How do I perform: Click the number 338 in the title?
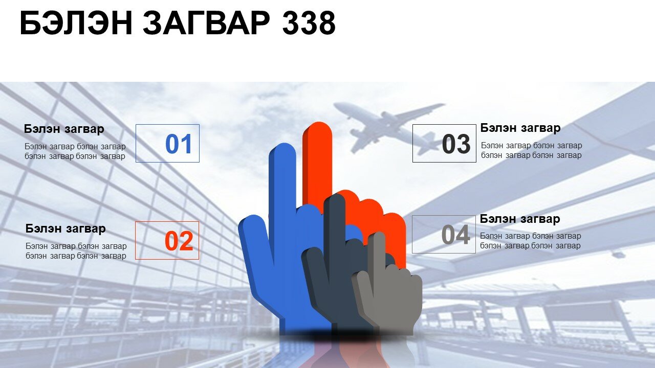pos(309,23)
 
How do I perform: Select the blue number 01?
pos(179,144)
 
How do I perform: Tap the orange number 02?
pos(179,241)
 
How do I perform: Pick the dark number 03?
pos(456,144)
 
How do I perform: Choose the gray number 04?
pos(455,235)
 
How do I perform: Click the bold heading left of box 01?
pos(64,129)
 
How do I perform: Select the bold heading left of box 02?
pos(65,228)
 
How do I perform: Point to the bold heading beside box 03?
pos(520,128)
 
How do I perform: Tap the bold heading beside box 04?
pos(520,219)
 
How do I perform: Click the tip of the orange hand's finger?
pos(318,126)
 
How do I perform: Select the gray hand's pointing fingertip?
pos(379,235)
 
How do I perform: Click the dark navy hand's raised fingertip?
pos(335,198)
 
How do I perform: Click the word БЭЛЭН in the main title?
pos(76,23)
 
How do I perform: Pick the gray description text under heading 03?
pos(531,150)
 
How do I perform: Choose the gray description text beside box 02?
pos(76,251)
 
